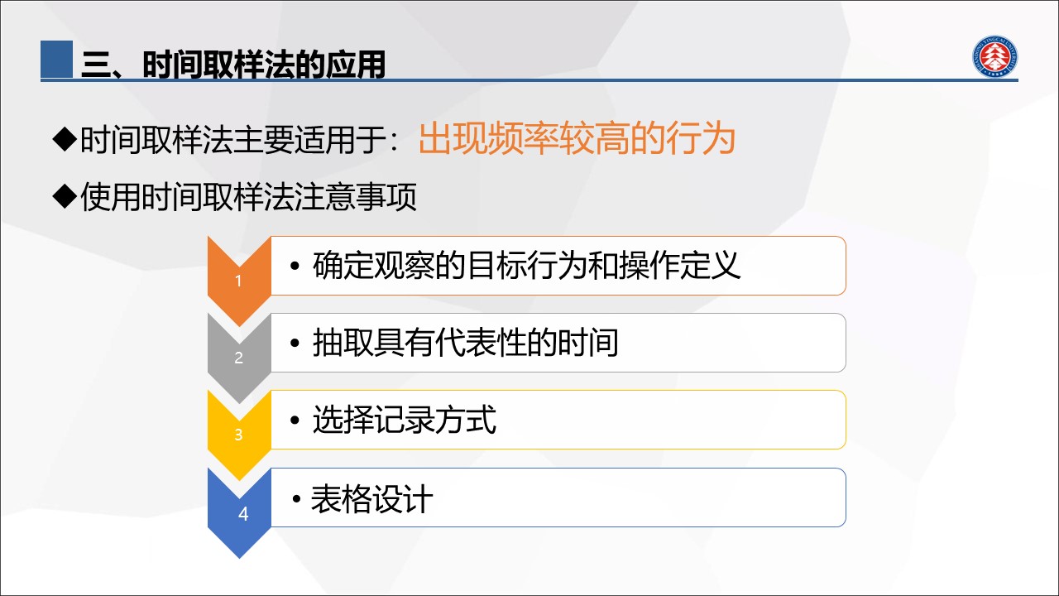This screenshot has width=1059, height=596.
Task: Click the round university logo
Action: pyautogui.click(x=994, y=57)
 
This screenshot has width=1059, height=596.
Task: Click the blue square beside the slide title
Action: pyautogui.click(x=57, y=59)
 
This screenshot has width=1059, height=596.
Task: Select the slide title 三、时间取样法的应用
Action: pyautogui.click(x=233, y=64)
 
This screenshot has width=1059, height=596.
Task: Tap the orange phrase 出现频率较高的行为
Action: pyautogui.click(x=577, y=138)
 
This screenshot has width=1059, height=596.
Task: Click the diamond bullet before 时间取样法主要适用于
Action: pyautogui.click(x=65, y=139)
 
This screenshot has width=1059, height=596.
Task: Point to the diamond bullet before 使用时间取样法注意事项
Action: pyautogui.click(x=65, y=196)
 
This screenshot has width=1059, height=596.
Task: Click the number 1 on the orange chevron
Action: pyautogui.click(x=239, y=281)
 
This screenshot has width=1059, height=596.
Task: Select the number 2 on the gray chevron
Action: pyautogui.click(x=239, y=358)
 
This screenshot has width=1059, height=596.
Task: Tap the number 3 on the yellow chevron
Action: pyautogui.click(x=239, y=435)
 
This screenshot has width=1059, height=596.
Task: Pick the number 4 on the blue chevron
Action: pyautogui.click(x=243, y=514)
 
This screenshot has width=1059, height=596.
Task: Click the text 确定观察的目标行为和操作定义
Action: pyautogui.click(x=526, y=266)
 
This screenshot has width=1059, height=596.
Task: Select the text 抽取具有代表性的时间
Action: pyautogui.click(x=465, y=343)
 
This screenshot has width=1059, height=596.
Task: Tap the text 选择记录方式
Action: pyautogui.click(x=405, y=420)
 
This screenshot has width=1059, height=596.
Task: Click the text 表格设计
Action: pyautogui.click(x=371, y=499)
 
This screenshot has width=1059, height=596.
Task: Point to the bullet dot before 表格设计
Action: pyautogui.click(x=297, y=498)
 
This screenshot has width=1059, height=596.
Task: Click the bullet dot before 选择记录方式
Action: pyautogui.click(x=295, y=420)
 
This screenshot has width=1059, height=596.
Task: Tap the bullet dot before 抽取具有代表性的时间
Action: pyautogui.click(x=295, y=343)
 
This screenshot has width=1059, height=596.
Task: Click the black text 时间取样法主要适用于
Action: pyautogui.click(x=234, y=140)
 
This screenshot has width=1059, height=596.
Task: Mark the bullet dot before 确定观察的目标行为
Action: pyautogui.click(x=295, y=266)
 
